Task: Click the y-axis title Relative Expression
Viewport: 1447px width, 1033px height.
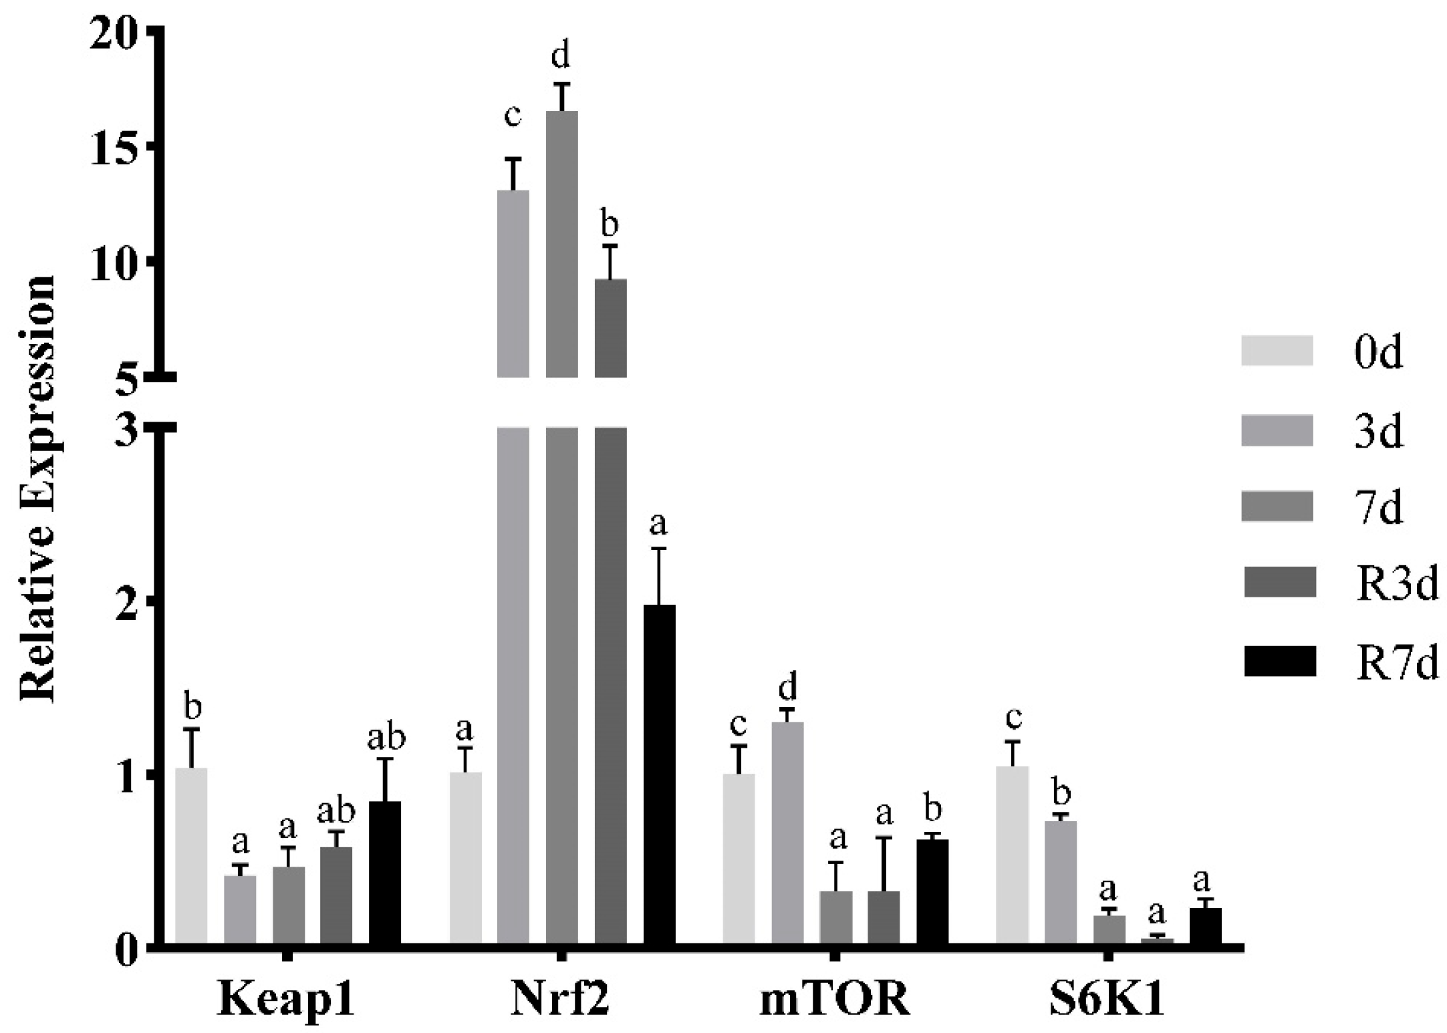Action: tap(37, 488)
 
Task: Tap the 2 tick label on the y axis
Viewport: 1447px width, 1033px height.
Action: tap(127, 600)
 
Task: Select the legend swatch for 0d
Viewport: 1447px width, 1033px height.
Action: tap(1277, 351)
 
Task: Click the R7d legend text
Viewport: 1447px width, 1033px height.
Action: tap(1396, 663)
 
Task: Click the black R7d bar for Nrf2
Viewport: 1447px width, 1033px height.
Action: tap(659, 775)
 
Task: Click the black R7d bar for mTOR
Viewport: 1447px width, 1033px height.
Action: tap(932, 892)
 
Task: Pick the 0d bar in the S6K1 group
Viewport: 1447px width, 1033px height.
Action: tap(1012, 856)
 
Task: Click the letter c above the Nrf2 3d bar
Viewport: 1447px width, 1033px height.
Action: tap(512, 116)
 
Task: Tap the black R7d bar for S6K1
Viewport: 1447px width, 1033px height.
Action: tap(1205, 925)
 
